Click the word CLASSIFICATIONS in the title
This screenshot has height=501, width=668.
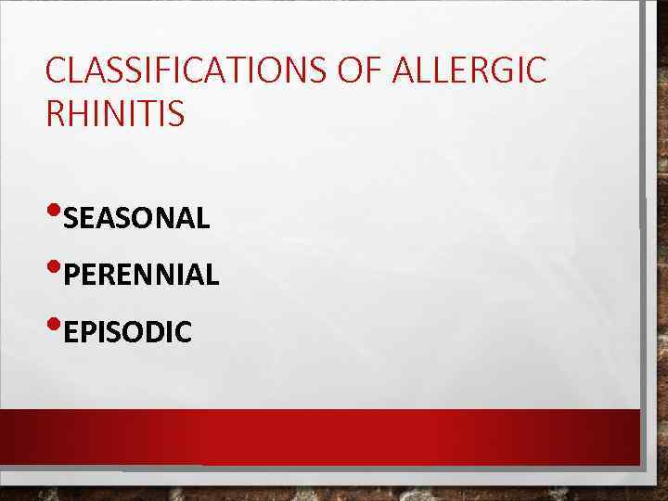click(173, 71)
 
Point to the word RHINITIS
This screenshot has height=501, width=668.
click(114, 115)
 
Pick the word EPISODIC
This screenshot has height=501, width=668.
click(128, 331)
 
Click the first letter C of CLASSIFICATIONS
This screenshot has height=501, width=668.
click(55, 71)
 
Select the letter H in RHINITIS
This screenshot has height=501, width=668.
click(79, 115)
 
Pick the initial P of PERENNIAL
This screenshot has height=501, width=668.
click(72, 275)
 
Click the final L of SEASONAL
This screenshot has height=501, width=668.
click(203, 219)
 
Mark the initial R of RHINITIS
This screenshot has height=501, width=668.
click(55, 115)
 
